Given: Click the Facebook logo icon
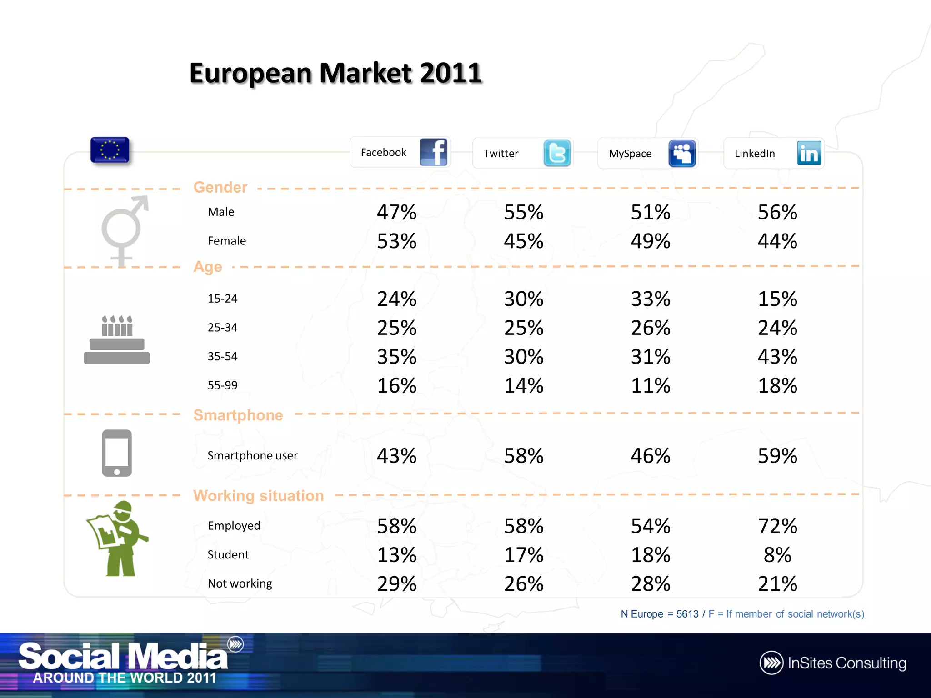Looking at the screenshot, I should pos(433,152).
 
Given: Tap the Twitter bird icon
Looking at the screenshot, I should pos(557,153).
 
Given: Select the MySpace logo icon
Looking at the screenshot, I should pos(682,153).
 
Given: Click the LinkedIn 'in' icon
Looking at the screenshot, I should pos(809,153).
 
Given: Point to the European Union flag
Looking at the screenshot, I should pos(110,150).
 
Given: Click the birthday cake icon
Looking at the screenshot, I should pos(117,339).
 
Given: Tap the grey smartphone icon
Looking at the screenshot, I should pos(117,453).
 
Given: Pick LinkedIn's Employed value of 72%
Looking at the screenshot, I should pos(777,526).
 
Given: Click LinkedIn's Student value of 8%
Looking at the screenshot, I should pos(777,555).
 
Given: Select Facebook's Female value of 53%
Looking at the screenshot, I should pos(396,241).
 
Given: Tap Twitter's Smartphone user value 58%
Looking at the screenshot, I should pos(523,456).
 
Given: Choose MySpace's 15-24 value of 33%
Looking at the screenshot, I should pos(650,299).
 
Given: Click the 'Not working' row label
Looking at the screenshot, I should pos(240,583).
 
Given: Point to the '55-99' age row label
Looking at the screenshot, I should pos(222,385).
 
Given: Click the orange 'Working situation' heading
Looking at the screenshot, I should pos(258,495).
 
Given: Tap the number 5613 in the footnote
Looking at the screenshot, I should pos(687,614).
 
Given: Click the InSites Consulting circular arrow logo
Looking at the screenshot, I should pos(771,663).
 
